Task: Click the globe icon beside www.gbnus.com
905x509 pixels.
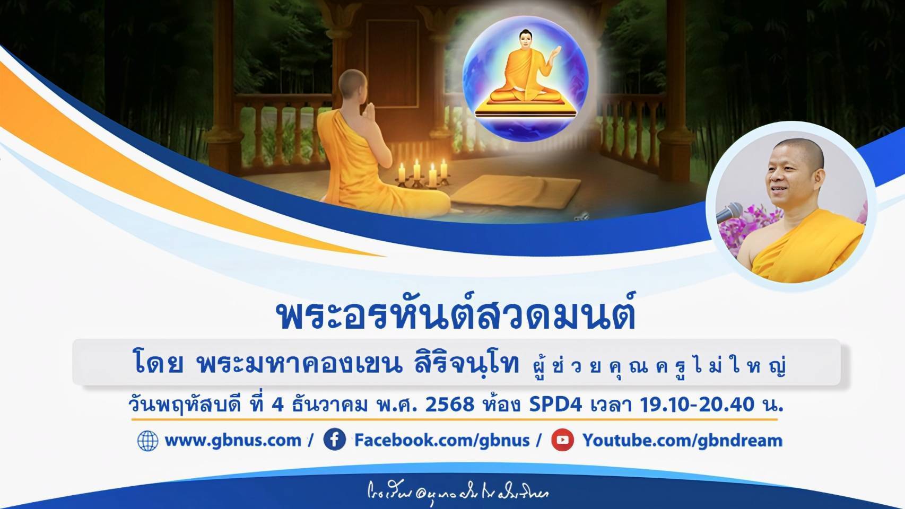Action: point(147,441)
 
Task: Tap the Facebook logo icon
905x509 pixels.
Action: point(335,440)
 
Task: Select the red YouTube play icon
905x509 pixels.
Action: point(562,440)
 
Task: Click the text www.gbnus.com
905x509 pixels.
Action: point(233,441)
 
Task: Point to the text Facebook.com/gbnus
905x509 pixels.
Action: point(442,441)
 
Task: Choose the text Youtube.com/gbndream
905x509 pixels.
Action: point(682,441)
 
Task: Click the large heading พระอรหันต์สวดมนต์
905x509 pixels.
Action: point(456,316)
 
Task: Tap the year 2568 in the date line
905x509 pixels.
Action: point(449,405)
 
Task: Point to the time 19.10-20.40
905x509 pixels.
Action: point(697,405)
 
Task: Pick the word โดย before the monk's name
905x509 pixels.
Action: point(159,365)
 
